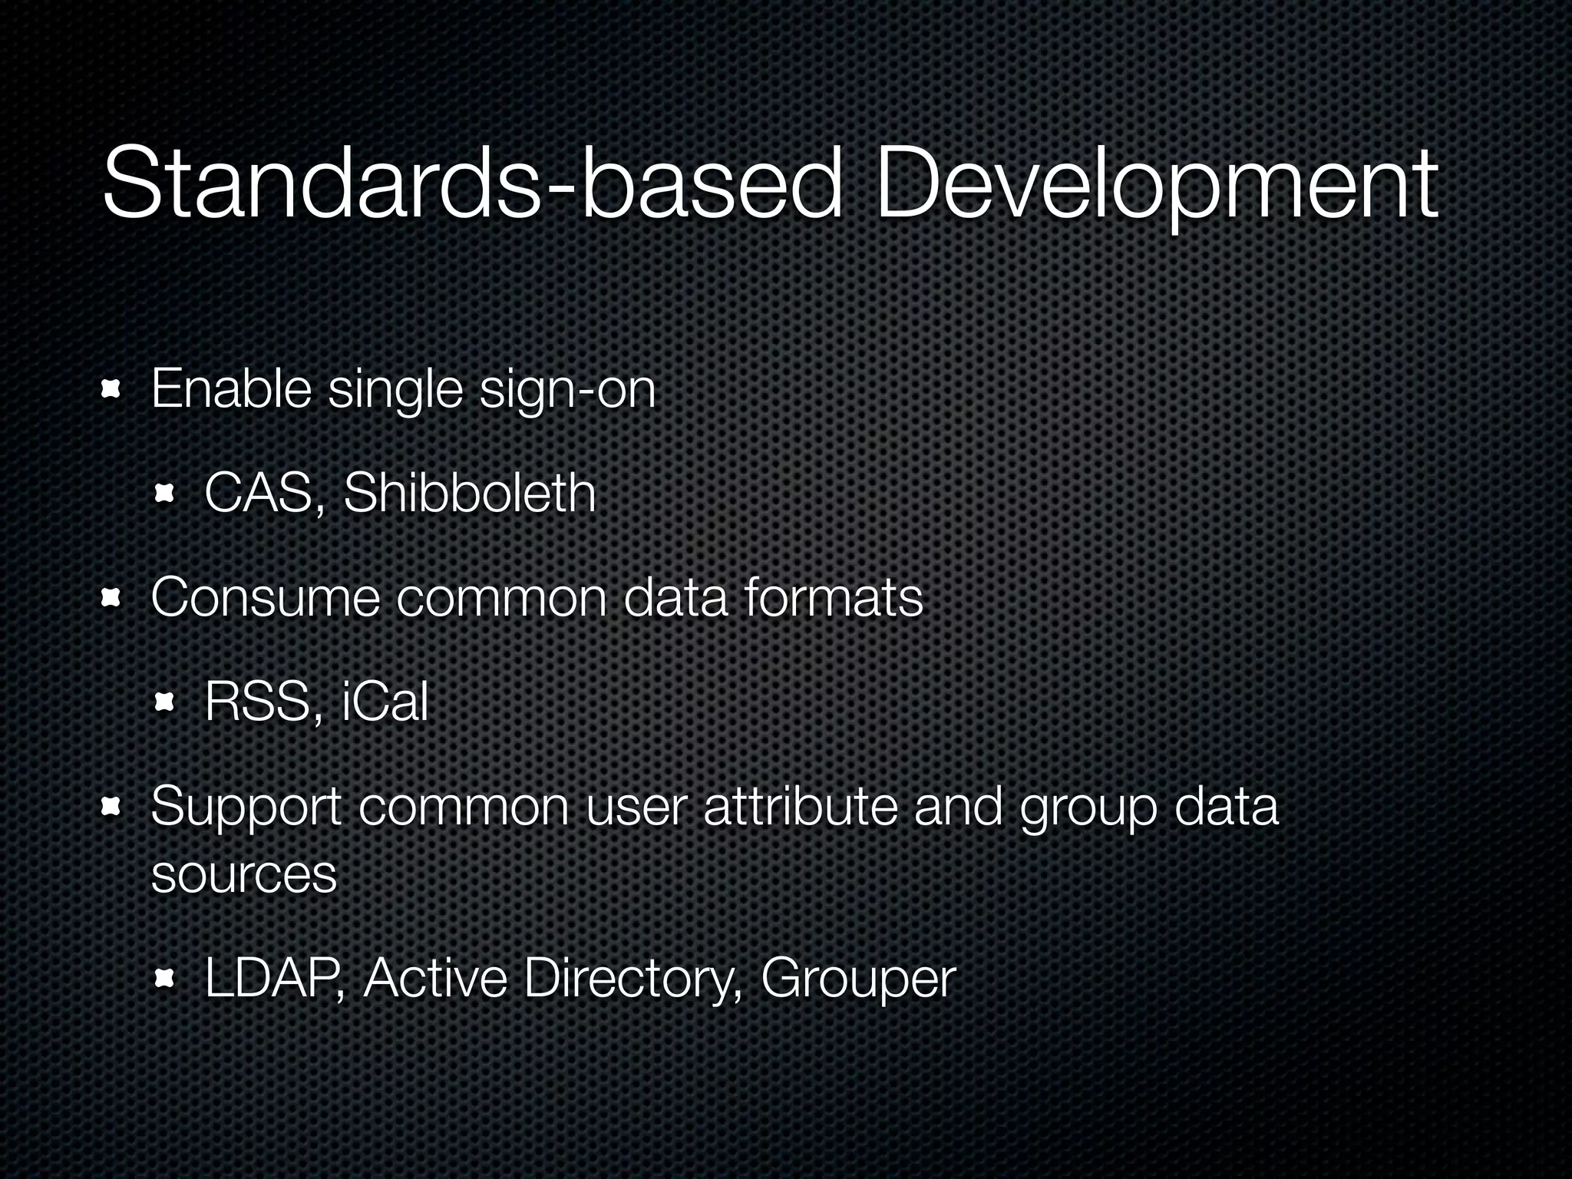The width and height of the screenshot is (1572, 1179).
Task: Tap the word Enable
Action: tap(231, 389)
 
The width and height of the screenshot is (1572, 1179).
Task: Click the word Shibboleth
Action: tap(469, 493)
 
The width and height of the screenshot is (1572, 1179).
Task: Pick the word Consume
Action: tap(265, 598)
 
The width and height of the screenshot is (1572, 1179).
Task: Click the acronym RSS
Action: tap(257, 702)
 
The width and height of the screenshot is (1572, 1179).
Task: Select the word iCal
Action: tap(385, 702)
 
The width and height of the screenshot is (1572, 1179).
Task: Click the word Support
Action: tap(246, 808)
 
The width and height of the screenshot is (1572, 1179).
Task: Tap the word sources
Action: tap(244, 874)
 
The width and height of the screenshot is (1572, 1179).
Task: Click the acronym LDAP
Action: tap(269, 979)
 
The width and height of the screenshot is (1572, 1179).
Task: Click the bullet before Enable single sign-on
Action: tap(111, 391)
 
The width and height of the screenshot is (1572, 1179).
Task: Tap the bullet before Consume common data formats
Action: tap(111, 599)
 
